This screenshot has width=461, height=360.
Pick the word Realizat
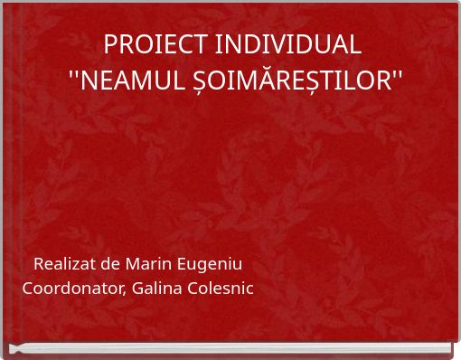tap(64, 264)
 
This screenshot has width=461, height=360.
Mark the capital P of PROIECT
tap(111, 44)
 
